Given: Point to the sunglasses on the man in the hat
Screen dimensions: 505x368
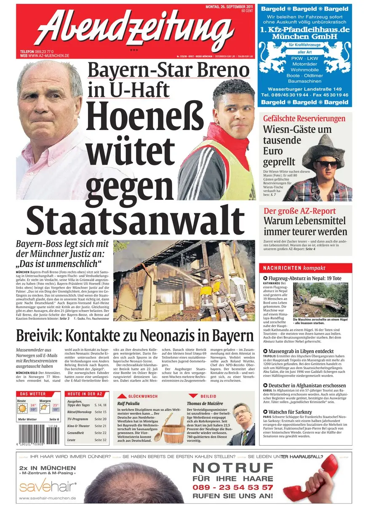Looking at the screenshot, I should pyautogui.click(x=327, y=164).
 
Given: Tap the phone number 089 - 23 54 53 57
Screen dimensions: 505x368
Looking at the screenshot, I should pyautogui.click(x=232, y=487).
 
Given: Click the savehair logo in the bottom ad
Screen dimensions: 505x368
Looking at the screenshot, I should pyautogui.click(x=48, y=487).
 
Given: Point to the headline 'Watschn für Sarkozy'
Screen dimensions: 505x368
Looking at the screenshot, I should pyautogui.click(x=290, y=412).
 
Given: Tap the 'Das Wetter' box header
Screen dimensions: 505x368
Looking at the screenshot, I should pyautogui.click(x=32, y=394).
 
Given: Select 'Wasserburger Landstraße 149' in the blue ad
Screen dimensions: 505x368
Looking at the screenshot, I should pyautogui.click(x=305, y=89).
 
